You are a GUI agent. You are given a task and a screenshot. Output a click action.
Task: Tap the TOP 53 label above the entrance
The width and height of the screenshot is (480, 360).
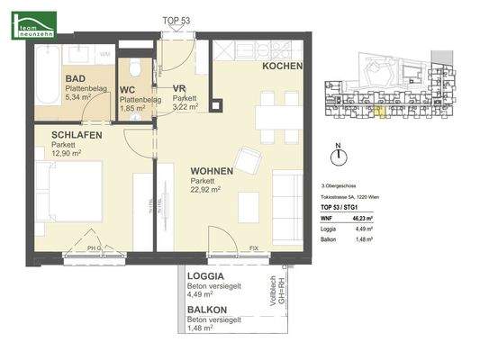click(x=176, y=20)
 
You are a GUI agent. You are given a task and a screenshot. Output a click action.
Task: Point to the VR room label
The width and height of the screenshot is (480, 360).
click(x=179, y=88)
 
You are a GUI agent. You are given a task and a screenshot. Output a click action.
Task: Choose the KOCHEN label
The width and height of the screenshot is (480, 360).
click(x=282, y=67)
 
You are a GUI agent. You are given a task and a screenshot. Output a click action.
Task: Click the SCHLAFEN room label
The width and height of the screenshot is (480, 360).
click(x=76, y=135)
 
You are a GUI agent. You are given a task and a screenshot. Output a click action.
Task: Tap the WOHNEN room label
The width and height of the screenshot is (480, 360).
click(x=212, y=171)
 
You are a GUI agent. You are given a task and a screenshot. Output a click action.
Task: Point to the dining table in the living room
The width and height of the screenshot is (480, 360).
click(x=268, y=118)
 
